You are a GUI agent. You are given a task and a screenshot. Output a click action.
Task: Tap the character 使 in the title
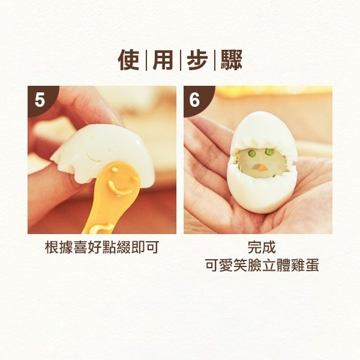[x=128, y=60]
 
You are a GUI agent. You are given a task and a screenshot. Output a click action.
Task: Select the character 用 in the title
[x=163, y=60]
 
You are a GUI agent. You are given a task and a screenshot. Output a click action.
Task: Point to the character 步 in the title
[x=197, y=60]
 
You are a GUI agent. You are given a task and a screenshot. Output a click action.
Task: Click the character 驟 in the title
[x=232, y=60]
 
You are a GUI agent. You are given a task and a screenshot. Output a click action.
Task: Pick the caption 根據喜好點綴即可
[x=102, y=247]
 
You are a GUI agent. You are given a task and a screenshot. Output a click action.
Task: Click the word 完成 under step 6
[x=262, y=247]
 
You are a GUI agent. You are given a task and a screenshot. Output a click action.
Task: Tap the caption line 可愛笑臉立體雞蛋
[x=262, y=265]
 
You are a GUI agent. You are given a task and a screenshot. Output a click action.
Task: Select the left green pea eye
[x=252, y=152]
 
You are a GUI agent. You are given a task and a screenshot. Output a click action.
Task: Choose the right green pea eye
[x=269, y=152]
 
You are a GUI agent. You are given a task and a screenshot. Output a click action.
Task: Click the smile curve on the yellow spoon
[x=118, y=189]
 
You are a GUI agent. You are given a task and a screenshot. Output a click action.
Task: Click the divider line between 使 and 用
[x=146, y=60]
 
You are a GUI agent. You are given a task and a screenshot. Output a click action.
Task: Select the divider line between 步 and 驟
[x=215, y=60]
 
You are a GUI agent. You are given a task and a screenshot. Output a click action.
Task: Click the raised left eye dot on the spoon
[x=115, y=170]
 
